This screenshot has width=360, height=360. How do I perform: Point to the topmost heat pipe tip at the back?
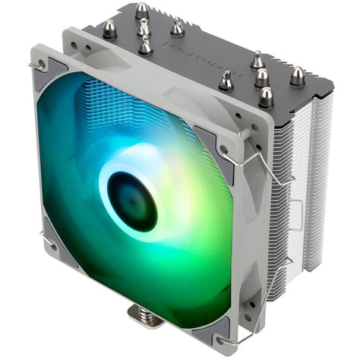(141, 10)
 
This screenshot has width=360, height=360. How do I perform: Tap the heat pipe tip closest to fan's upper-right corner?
(226, 80)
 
